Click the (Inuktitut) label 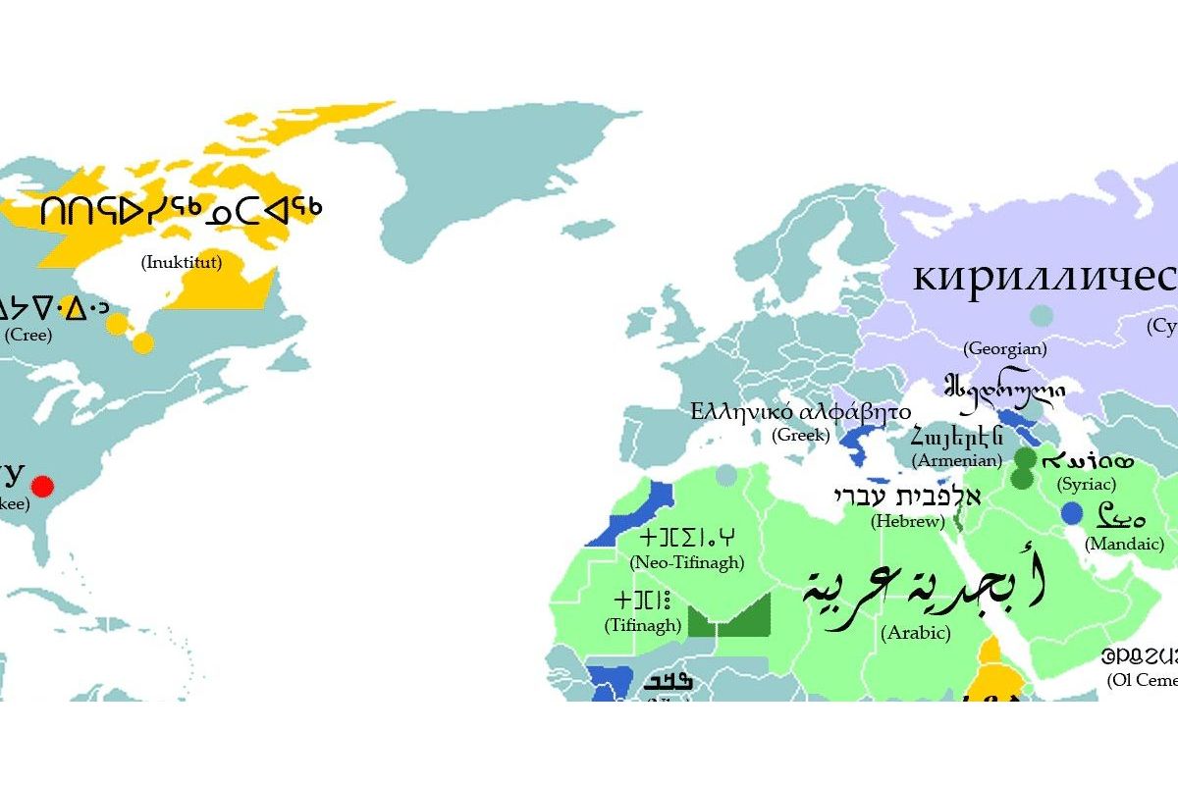point(182,262)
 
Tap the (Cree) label point(28,334)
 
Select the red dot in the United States point(42,486)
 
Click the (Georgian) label point(1004,348)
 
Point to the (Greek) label point(801,435)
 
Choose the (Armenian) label point(956,459)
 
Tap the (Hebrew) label point(907,521)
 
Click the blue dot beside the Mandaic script point(1072,513)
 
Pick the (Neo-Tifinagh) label point(686,562)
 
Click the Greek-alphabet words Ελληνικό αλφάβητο point(800,410)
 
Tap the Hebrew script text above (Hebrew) point(907,496)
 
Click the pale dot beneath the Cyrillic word point(1042,316)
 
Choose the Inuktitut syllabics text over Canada point(182,211)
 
